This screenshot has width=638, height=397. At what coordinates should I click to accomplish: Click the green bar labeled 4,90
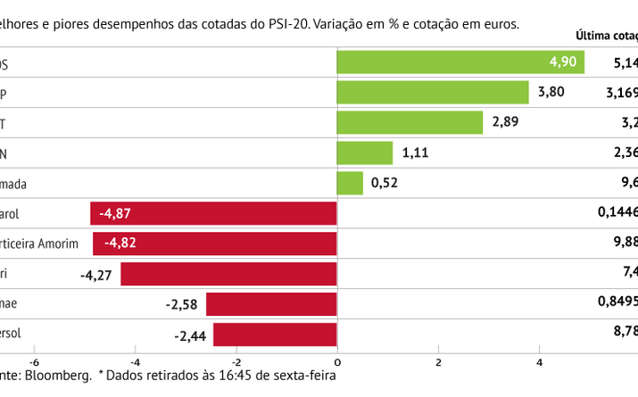click(x=460, y=62)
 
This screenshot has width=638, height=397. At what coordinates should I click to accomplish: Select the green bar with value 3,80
click(x=432, y=93)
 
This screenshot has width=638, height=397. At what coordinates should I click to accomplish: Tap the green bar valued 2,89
click(x=410, y=123)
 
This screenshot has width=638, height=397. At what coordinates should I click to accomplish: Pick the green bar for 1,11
click(x=364, y=153)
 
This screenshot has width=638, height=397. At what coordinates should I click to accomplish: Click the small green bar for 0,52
click(x=350, y=184)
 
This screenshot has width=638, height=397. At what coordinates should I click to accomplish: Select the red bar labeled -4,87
click(x=213, y=214)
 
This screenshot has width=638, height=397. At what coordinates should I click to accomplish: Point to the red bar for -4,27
click(x=228, y=274)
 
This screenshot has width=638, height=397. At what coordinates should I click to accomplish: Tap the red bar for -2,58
click(x=271, y=304)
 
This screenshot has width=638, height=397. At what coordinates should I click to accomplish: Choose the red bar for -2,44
click(x=275, y=335)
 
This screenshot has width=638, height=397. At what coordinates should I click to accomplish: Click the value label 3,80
click(x=551, y=93)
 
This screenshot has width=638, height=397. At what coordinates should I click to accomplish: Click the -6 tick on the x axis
click(x=35, y=361)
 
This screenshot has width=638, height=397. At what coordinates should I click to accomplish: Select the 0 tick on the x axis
click(x=337, y=361)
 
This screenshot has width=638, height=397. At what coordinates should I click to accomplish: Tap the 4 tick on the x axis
click(x=539, y=361)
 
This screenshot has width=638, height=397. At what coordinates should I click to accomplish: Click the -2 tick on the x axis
click(x=236, y=361)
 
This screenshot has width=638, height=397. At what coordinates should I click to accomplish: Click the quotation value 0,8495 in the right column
click(x=617, y=304)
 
